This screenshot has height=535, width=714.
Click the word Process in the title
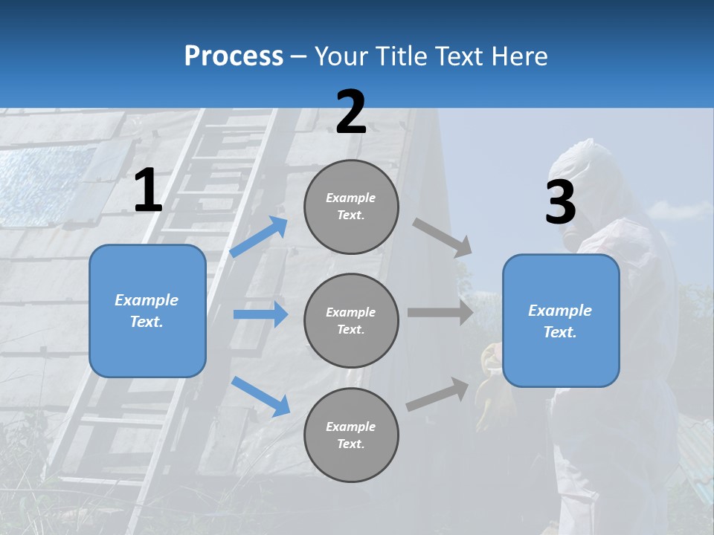pyautogui.click(x=234, y=56)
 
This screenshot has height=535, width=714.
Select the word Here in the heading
pyautogui.click(x=518, y=56)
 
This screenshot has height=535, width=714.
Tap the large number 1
pyautogui.click(x=147, y=191)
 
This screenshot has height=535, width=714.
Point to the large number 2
pyautogui.click(x=351, y=112)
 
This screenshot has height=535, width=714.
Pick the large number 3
pyautogui.click(x=560, y=202)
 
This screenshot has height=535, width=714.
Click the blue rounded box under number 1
pyautogui.click(x=147, y=311)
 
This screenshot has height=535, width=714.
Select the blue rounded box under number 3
pyautogui.click(x=561, y=321)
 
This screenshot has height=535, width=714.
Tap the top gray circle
pyautogui.click(x=351, y=207)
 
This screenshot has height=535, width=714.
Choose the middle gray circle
pyautogui.click(x=351, y=320)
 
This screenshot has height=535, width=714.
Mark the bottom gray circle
pyautogui.click(x=351, y=435)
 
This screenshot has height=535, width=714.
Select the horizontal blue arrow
pyautogui.click(x=260, y=314)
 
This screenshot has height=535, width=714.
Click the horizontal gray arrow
pyautogui.click(x=440, y=312)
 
